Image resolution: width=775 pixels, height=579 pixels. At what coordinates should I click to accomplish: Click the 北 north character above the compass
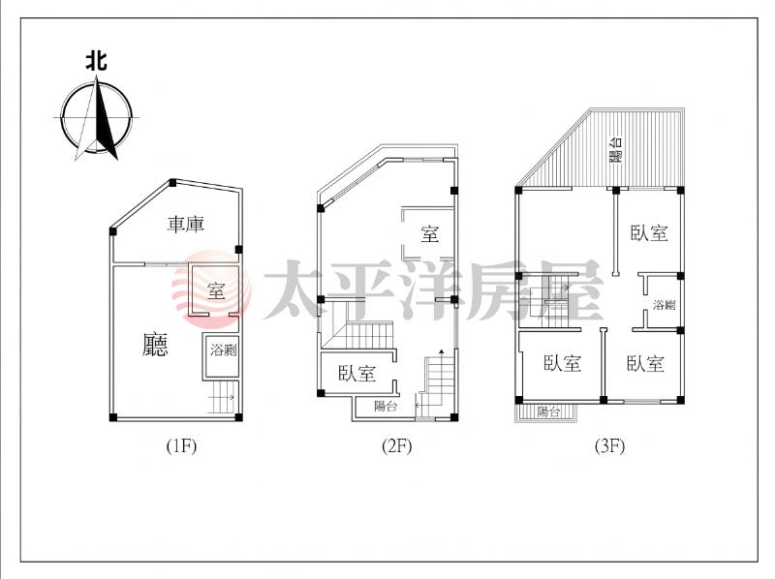tap(96, 62)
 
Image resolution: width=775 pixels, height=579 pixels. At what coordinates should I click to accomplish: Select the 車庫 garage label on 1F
tap(185, 225)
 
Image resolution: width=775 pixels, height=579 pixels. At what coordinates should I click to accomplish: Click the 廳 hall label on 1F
tap(155, 345)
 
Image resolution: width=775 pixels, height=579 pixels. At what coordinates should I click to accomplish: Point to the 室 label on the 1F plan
tap(216, 291)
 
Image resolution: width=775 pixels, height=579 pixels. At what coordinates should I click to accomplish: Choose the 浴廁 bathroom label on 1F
tap(224, 350)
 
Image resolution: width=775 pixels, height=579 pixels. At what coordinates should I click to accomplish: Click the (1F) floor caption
tap(181, 446)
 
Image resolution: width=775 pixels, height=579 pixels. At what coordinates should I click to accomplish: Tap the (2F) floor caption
tap(397, 446)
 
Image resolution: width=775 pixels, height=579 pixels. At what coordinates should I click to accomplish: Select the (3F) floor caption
tap(609, 446)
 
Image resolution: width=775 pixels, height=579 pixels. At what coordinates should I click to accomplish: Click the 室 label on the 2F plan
tap(429, 233)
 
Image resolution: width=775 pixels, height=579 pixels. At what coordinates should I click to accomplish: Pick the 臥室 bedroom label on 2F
tap(356, 373)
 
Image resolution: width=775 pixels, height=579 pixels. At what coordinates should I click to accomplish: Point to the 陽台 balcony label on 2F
tap(386, 406)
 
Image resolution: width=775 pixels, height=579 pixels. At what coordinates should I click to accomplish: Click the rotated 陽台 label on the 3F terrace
tap(615, 149)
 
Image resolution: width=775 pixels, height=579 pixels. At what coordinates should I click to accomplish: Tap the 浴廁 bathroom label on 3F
tap(664, 305)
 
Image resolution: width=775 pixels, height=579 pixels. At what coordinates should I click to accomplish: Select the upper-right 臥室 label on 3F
tap(649, 232)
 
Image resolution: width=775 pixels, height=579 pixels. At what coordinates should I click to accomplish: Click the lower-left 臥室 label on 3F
tap(562, 363)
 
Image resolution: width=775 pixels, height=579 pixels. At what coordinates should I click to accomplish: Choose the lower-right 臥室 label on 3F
tap(645, 364)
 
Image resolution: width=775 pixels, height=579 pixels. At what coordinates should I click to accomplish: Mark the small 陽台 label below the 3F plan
tap(548, 411)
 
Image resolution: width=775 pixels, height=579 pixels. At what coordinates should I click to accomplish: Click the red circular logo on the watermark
tap(211, 289)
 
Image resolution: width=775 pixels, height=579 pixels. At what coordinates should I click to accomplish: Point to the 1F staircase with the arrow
tap(222, 397)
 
